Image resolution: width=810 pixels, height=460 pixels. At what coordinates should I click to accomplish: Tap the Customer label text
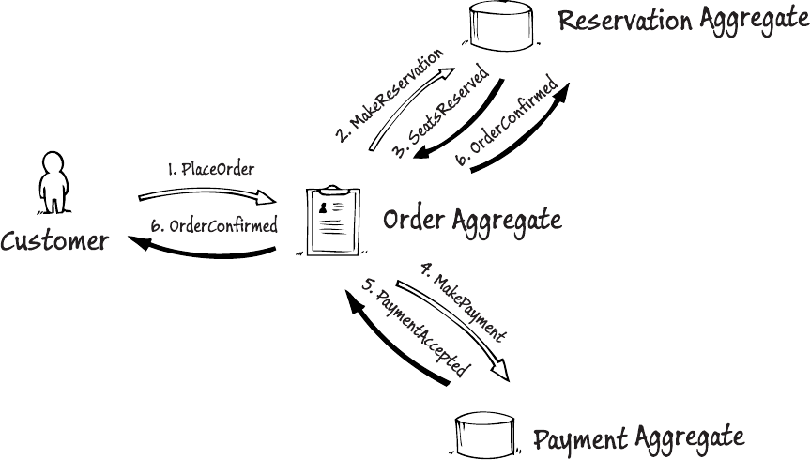click(53, 241)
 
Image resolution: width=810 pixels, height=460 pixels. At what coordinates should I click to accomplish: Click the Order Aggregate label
click(472, 221)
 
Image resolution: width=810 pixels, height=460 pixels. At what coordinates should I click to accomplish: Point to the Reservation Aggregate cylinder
click(498, 24)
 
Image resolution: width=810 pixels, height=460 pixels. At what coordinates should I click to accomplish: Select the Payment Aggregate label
click(638, 437)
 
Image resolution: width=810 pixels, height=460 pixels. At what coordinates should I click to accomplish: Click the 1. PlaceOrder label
click(211, 169)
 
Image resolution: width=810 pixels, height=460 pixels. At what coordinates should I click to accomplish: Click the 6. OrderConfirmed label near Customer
click(214, 225)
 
